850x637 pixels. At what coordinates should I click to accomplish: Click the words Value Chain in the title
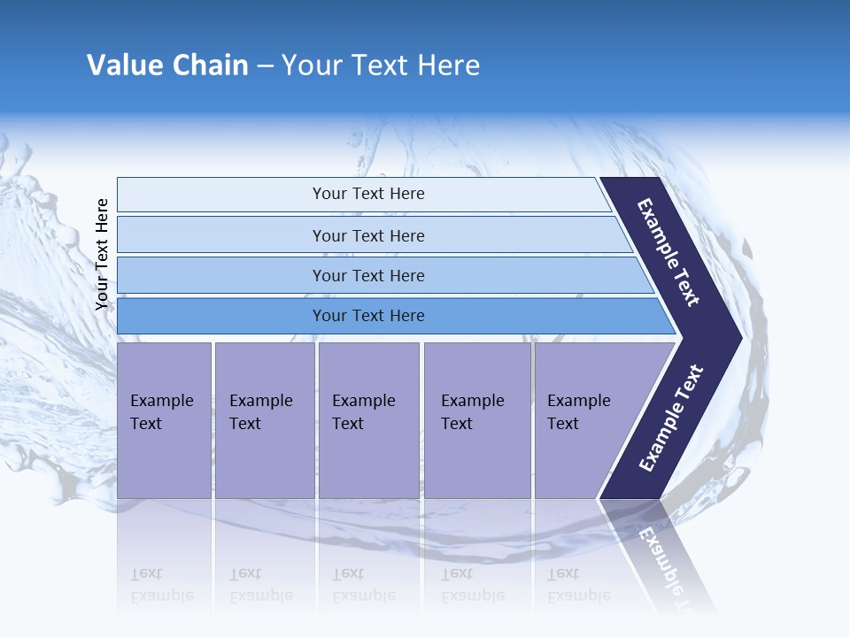[167, 65]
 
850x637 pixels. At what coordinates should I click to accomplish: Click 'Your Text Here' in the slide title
[381, 65]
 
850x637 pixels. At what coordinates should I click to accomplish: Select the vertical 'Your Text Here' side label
[102, 254]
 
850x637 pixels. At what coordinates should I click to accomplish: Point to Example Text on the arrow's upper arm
[668, 252]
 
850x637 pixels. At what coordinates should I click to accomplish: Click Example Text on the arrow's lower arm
[670, 418]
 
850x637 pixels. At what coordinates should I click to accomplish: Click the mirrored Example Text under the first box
[162, 585]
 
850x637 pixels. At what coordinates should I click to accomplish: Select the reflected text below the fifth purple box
[579, 585]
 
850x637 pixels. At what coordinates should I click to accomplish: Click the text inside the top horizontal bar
[368, 194]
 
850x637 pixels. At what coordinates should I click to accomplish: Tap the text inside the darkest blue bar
[368, 316]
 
